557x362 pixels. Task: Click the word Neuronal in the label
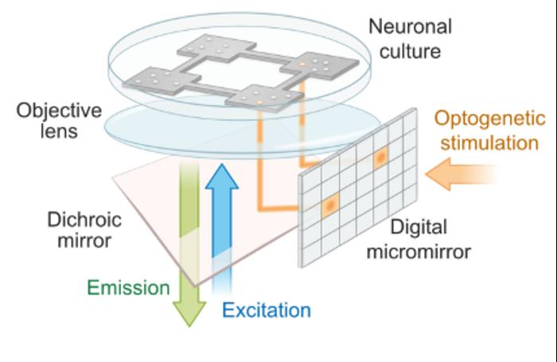(410, 26)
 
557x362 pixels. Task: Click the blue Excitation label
(267, 309)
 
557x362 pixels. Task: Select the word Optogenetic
(490, 120)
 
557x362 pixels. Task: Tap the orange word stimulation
(490, 144)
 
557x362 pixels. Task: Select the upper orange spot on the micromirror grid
(380, 158)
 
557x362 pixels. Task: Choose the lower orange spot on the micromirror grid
(329, 206)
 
